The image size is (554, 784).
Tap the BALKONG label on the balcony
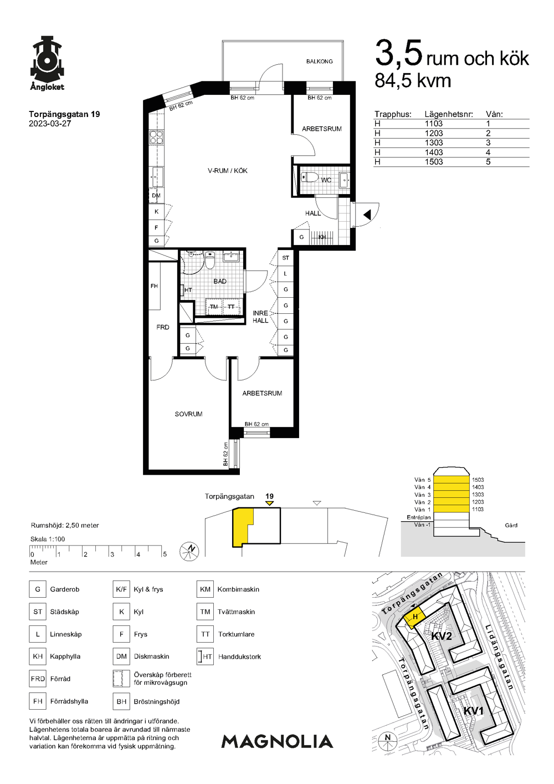click(x=319, y=61)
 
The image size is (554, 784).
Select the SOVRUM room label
click(x=188, y=414)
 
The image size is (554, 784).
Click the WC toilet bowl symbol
click(x=309, y=177)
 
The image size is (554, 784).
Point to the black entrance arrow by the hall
click(x=367, y=215)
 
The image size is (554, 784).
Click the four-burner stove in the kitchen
click(x=156, y=137)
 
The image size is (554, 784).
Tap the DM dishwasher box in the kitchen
click(x=156, y=195)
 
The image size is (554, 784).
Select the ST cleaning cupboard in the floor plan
click(x=286, y=258)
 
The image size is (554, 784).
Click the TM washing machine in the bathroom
click(x=214, y=307)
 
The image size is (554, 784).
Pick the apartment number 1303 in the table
click(x=434, y=143)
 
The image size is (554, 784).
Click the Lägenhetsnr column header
click(x=449, y=114)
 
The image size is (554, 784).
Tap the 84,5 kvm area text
click(x=413, y=80)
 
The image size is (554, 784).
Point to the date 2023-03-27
click(x=50, y=124)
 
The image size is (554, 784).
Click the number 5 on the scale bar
click(x=165, y=554)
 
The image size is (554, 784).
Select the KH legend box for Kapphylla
click(x=38, y=656)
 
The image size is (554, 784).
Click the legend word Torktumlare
click(x=236, y=634)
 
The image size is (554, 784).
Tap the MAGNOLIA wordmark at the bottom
click(x=277, y=741)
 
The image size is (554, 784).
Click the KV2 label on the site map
click(x=442, y=636)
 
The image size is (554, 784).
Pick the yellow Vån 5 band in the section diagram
click(x=451, y=480)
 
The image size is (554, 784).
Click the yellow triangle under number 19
click(x=269, y=503)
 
